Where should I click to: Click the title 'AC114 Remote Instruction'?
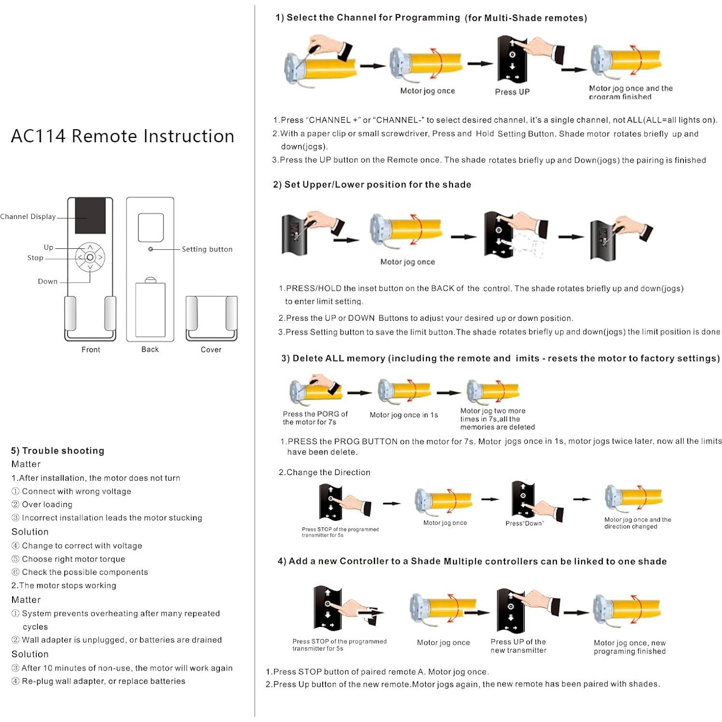123,136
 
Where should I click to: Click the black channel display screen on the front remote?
90,215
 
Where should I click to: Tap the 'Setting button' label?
207,249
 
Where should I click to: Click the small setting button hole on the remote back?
150,249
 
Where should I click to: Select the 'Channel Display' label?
28,217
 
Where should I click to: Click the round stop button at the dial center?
90,258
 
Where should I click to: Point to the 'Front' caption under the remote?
91,350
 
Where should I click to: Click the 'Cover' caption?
211,350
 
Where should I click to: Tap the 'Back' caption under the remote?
150,349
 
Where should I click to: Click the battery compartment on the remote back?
150,310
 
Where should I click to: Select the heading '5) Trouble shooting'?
57,450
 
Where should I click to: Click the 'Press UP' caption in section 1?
512,92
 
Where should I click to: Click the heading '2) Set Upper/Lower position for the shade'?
372,185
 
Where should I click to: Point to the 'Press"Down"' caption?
524,523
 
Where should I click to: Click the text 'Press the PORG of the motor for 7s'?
314,418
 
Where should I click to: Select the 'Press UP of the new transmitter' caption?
518,646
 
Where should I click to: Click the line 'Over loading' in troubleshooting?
47,504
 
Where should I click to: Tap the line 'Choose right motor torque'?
73,559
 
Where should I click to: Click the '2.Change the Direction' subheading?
325,472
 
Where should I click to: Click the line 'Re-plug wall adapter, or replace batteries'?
103,681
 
